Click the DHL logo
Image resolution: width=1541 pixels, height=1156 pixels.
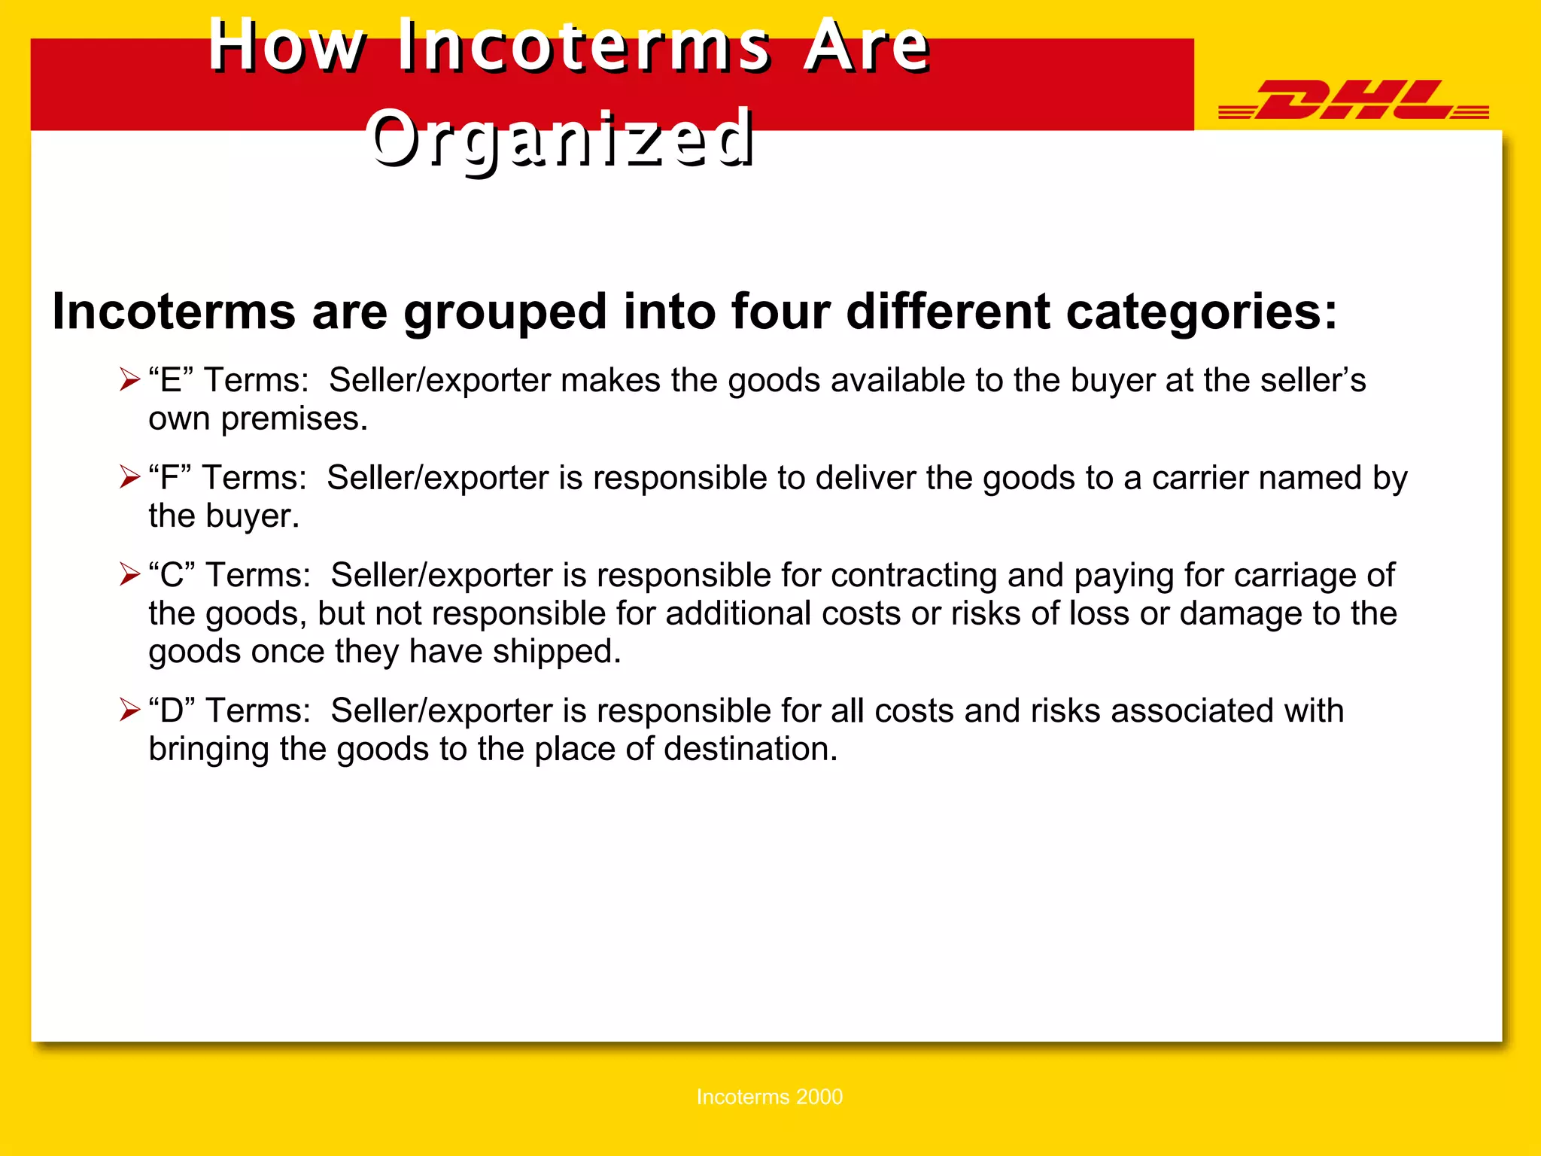(x=1353, y=100)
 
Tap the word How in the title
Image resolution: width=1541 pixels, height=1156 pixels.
(x=287, y=46)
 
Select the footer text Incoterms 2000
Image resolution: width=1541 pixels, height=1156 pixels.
(x=769, y=1097)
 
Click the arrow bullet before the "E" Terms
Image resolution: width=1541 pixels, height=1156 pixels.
(x=129, y=379)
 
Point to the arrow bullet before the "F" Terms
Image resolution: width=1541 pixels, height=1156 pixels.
(x=129, y=477)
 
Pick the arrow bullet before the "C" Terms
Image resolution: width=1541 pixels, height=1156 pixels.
(x=129, y=574)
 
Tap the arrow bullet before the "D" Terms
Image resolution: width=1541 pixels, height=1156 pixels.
(x=129, y=710)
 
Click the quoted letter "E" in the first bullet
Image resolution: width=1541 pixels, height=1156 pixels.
(x=171, y=380)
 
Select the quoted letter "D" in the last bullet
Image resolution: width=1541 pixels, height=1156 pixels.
(x=172, y=710)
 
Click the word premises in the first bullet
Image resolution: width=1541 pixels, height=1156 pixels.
(x=293, y=419)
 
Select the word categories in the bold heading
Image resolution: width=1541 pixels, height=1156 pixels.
(x=1202, y=312)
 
